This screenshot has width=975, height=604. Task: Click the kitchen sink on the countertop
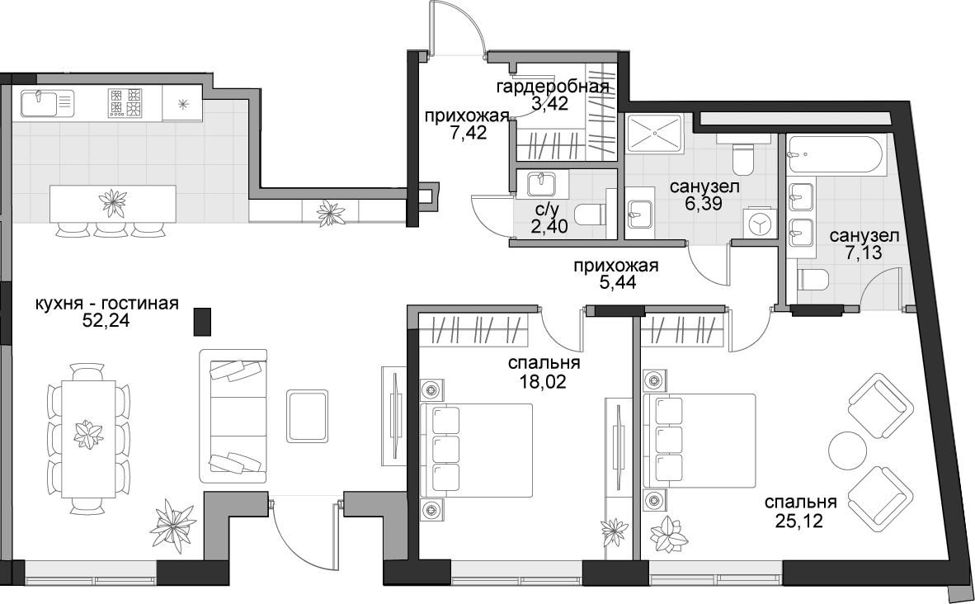pos(47,102)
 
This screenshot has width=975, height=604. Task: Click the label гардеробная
pos(552,87)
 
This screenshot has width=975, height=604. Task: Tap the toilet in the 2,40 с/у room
pos(591,215)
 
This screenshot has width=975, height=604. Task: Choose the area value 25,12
pos(801,520)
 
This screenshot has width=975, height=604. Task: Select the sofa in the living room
pos(233,416)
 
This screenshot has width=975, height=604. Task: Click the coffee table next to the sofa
pos(307,416)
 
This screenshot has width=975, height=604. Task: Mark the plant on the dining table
pos(87,434)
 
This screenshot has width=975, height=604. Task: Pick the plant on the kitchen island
pos(114,201)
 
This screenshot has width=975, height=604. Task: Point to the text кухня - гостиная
pos(107,304)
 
